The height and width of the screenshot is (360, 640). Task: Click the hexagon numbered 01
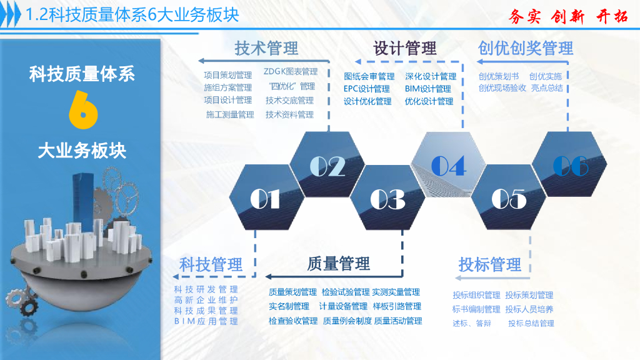(265, 198)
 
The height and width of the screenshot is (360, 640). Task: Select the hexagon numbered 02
(327, 166)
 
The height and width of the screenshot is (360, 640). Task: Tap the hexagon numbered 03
(387, 198)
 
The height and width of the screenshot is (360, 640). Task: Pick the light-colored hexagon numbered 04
(448, 166)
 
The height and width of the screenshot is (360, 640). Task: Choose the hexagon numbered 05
(509, 198)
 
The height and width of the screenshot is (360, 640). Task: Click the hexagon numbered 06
(570, 166)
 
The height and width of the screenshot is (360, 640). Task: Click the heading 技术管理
(266, 48)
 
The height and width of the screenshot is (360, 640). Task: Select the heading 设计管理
(405, 48)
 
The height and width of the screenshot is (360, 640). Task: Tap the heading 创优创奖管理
(526, 48)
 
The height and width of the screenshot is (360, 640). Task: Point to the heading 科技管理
(211, 264)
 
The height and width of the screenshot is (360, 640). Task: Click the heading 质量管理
(339, 264)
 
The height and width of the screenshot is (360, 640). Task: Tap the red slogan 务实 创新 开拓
(568, 16)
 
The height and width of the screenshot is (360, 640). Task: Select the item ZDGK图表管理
(291, 72)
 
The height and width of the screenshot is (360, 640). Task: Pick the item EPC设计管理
(366, 89)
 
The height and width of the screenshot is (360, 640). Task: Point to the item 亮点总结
(547, 88)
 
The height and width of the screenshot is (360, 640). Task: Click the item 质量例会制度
(347, 321)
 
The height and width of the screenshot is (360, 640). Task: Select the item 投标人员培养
(529, 309)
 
